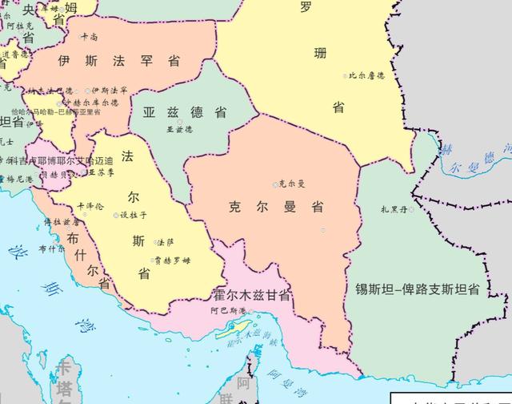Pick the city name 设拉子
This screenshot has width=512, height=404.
[x=134, y=215]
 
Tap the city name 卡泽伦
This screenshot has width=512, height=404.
[x=91, y=206]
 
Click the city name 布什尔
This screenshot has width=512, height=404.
[x=52, y=248]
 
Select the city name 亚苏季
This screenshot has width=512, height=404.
[x=102, y=172]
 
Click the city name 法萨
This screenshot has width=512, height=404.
[x=165, y=241]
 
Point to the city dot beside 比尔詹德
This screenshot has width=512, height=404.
[x=346, y=76]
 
